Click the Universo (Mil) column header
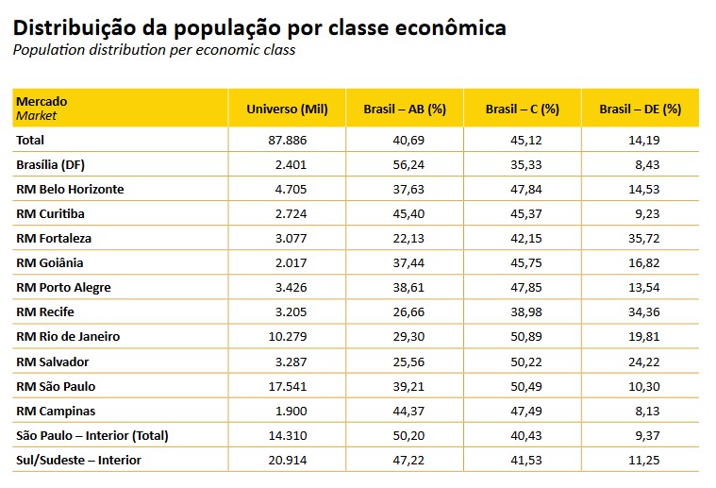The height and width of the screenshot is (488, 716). tap(287, 109)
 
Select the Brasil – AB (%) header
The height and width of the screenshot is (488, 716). tap(405, 109)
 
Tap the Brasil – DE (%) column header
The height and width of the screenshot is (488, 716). tap(640, 109)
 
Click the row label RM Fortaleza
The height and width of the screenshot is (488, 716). tap(54, 238)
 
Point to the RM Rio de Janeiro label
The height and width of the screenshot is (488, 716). tap(68, 336)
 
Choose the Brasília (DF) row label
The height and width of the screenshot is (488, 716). tap(52, 164)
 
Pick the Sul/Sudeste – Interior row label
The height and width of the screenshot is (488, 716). tap(78, 460)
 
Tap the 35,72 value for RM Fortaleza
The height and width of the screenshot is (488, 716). tap(663, 238)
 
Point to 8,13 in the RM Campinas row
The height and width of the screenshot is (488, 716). tap(667, 411)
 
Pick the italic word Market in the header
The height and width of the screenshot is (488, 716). tap(36, 116)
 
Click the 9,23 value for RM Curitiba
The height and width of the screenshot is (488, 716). tap(667, 213)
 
